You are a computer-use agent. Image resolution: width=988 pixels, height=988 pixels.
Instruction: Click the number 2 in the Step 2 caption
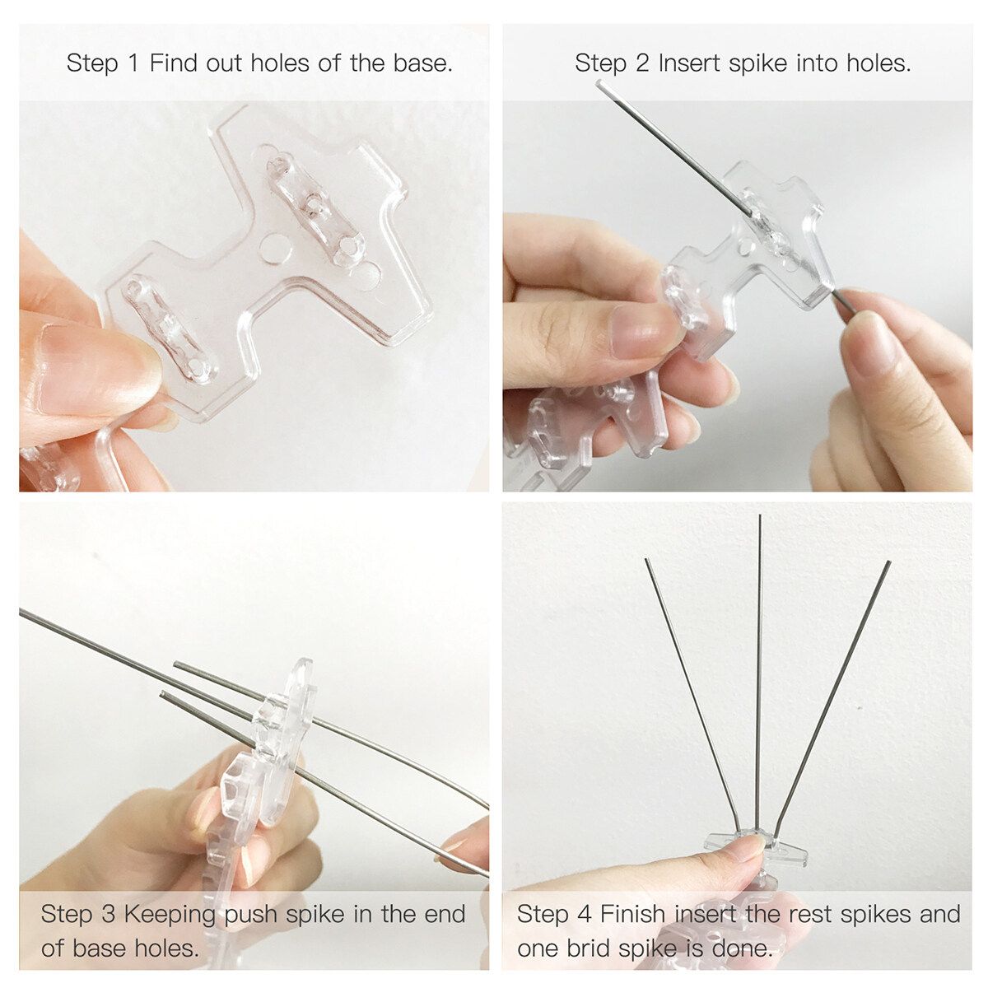point(641,64)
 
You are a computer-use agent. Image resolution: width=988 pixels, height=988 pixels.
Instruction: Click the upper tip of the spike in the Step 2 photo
point(599,82)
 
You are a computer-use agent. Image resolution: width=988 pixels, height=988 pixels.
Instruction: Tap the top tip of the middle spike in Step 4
point(759,515)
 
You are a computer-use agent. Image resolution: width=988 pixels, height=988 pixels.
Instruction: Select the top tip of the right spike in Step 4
point(888,563)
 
